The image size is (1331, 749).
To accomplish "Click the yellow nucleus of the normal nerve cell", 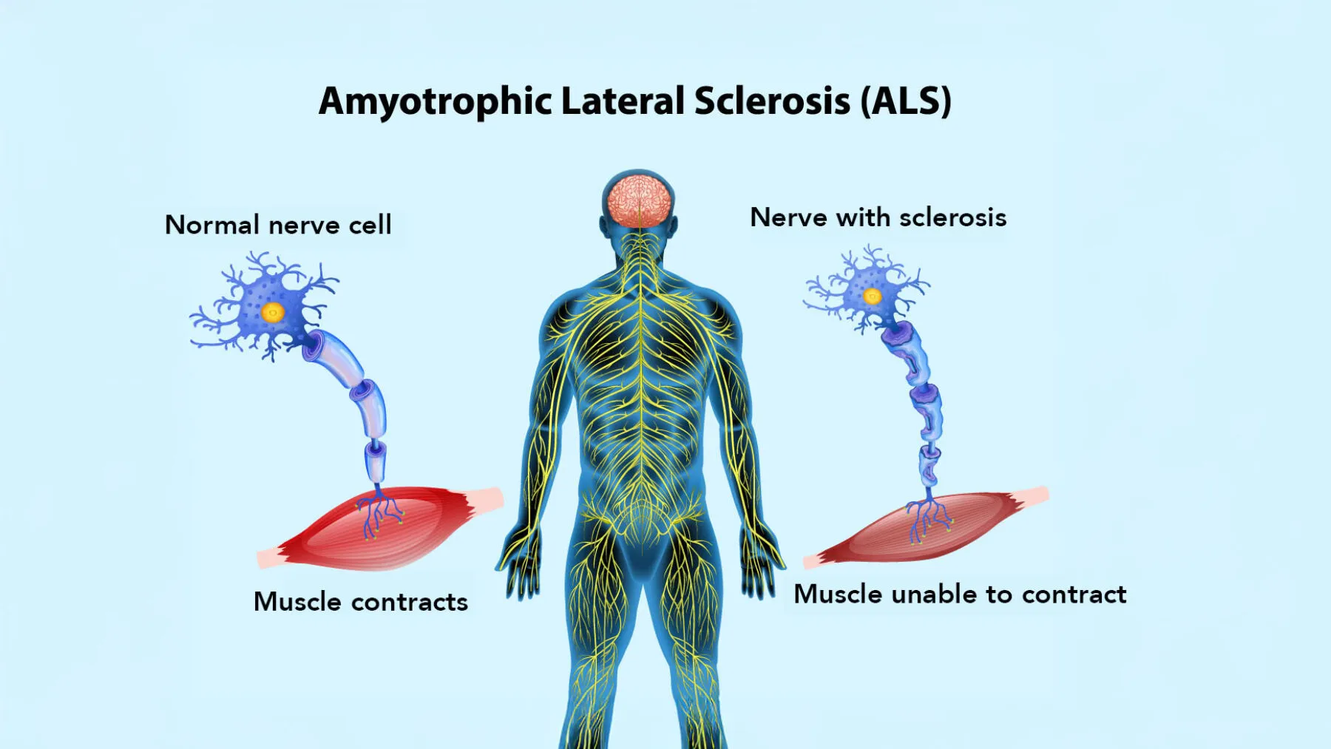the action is pos(273,312).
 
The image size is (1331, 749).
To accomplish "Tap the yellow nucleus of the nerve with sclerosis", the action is pos(873,296).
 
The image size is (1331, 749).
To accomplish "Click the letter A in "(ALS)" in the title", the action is pos(885,101).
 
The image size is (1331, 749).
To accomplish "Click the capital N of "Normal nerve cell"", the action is pos(175,225).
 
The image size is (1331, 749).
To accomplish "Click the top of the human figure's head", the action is pos(638,172).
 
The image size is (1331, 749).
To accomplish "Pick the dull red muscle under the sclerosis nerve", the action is pos(926,526).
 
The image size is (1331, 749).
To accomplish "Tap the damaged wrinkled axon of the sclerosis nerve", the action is pos(921,403).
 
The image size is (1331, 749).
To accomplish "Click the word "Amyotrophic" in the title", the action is pos(436,102).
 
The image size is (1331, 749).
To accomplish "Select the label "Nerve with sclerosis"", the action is pos(878,217).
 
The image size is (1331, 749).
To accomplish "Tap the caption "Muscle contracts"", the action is pos(361,602).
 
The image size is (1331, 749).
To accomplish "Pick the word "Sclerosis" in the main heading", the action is pos(773,101).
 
